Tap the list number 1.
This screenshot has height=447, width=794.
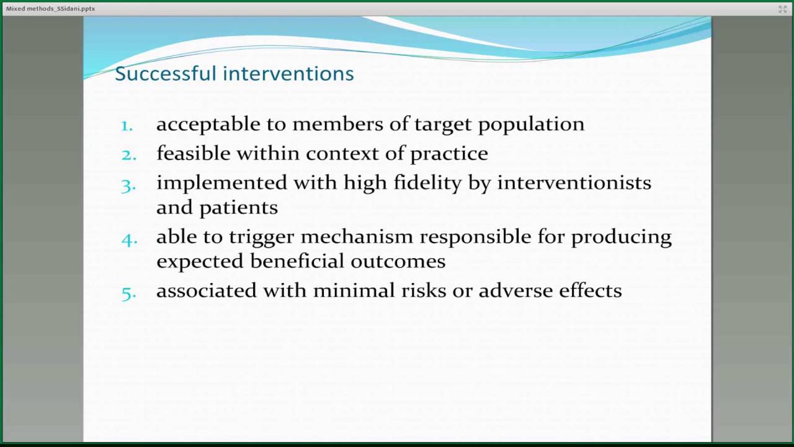(x=127, y=125)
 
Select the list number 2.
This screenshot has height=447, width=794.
(x=128, y=154)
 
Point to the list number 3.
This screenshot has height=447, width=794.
(x=128, y=184)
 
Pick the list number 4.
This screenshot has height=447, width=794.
(x=129, y=238)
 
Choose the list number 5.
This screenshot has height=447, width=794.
(x=128, y=292)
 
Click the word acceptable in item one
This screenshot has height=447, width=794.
(x=208, y=124)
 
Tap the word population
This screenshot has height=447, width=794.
(x=531, y=124)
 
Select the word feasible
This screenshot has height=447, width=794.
(x=193, y=153)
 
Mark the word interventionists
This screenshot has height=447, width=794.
(x=574, y=183)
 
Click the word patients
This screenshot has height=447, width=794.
(x=238, y=207)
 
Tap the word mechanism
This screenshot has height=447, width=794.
(x=355, y=237)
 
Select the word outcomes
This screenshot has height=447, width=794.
(x=398, y=261)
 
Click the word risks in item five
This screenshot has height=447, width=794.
(x=424, y=291)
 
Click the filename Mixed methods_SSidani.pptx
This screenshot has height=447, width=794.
(x=50, y=9)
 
